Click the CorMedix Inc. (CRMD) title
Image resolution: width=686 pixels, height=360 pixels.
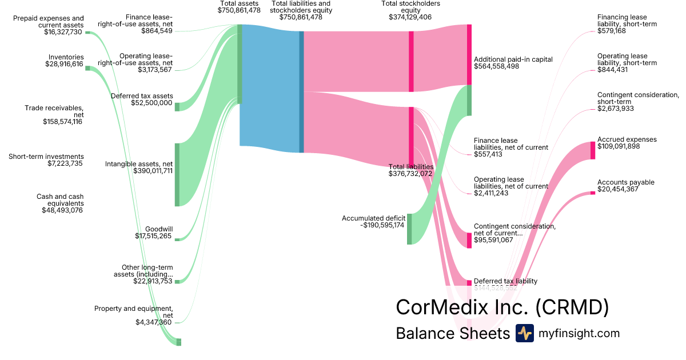point(502,307)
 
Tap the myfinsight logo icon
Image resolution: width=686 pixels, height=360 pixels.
point(524,333)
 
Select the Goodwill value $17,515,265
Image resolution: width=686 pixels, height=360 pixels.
point(153,236)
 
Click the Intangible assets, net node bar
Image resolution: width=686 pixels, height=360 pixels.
point(177,174)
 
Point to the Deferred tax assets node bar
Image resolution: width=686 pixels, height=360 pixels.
point(177,107)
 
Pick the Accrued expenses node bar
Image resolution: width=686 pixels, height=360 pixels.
point(593,150)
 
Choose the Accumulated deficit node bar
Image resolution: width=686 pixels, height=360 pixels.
point(409,229)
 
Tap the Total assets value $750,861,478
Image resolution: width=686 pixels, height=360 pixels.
point(239,10)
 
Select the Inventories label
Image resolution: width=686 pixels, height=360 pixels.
point(66,57)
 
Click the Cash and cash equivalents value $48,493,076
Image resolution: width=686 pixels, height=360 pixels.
point(62,210)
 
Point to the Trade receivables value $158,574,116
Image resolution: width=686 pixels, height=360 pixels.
point(62,121)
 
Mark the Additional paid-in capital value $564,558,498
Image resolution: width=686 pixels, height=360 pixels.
point(504,66)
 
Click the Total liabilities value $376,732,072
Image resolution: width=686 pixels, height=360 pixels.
point(410,174)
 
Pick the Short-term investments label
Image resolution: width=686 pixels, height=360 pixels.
point(46,157)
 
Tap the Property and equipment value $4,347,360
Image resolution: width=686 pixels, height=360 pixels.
point(154,322)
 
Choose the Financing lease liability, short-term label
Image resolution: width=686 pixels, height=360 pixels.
point(627,21)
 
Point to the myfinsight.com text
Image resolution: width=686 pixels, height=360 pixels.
point(579,333)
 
